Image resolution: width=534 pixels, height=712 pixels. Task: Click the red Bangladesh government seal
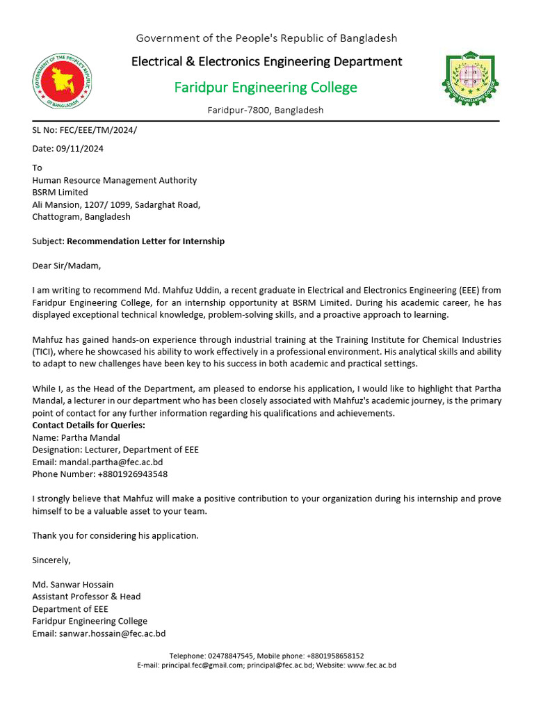point(63,81)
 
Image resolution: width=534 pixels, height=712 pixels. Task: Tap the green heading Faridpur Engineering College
point(266,88)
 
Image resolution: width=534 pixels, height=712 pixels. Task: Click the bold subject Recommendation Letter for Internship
point(145,241)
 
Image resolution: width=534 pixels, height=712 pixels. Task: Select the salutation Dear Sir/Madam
point(67,266)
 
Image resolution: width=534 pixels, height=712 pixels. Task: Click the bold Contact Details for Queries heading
point(89,425)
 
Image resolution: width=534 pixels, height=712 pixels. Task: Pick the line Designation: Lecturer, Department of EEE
point(115,450)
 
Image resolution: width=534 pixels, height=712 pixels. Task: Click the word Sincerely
point(51,560)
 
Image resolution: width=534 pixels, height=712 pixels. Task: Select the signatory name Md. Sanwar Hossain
point(73,584)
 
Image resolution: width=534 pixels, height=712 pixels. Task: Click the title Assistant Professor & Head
point(86,597)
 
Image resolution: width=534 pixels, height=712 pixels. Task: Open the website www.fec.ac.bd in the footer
point(371,665)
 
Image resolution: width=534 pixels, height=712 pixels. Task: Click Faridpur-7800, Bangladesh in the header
point(266,111)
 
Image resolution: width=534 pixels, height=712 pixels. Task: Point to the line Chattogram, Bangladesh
point(81,217)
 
